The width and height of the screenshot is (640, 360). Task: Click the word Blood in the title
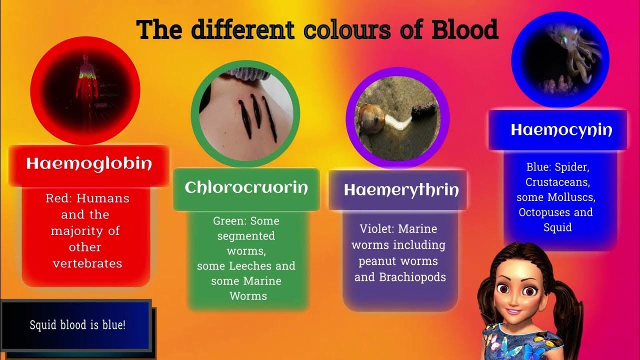tap(464, 29)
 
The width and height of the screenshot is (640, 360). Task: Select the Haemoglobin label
tap(89, 163)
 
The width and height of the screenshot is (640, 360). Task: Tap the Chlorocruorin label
tap(246, 187)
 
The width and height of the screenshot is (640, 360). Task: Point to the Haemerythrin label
tap(401, 190)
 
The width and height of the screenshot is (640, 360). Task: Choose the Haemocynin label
tap(561, 130)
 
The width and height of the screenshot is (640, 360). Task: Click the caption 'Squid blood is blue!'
tap(77, 325)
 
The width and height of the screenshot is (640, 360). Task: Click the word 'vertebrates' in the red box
tap(87, 263)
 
